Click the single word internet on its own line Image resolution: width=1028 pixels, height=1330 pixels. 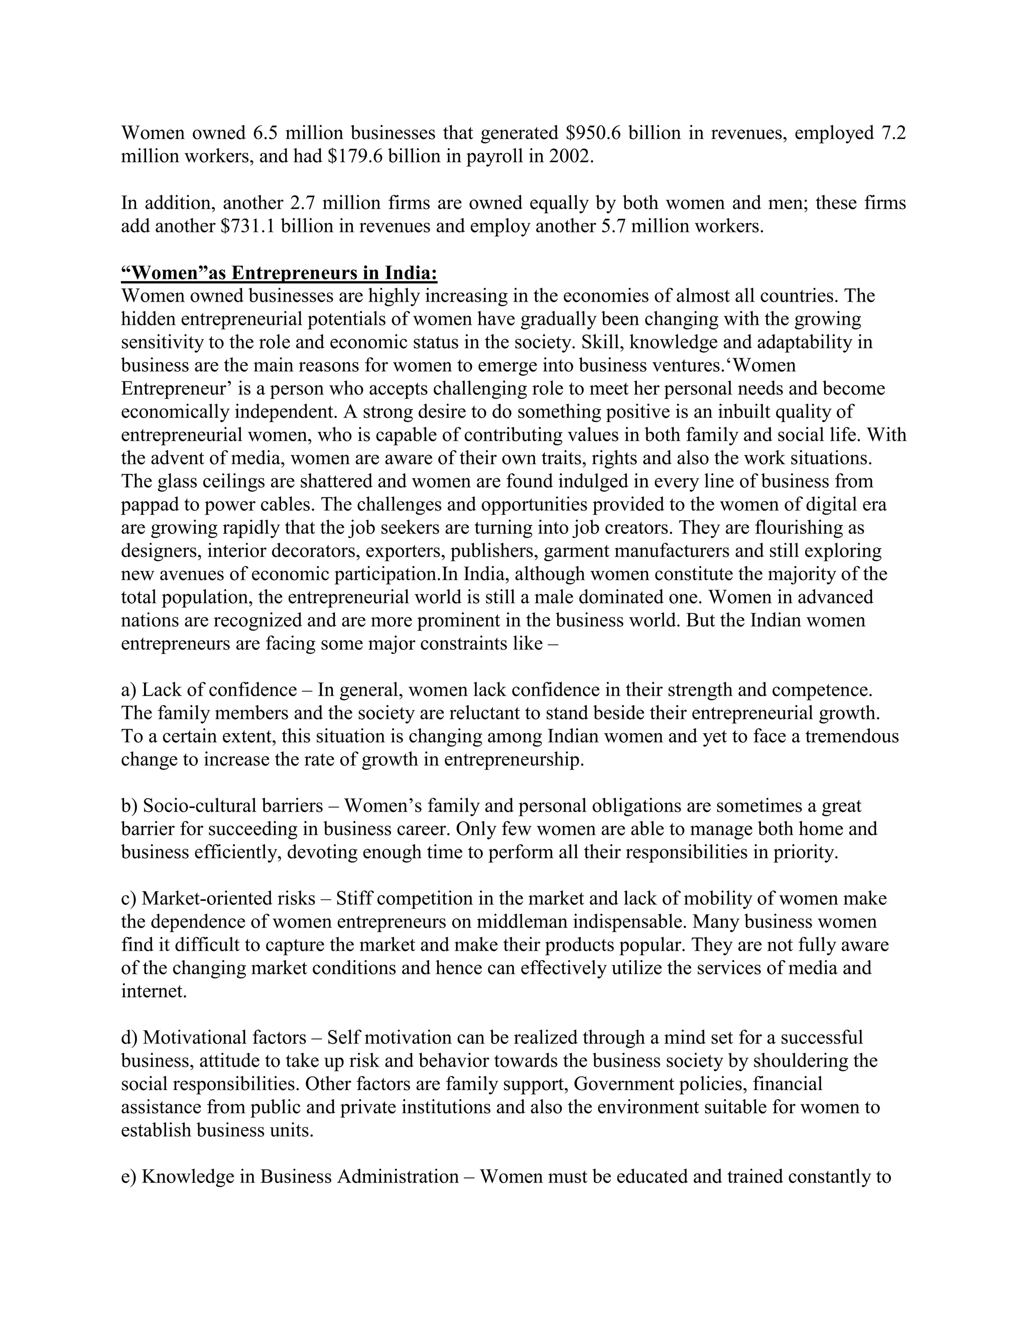[154, 991]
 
